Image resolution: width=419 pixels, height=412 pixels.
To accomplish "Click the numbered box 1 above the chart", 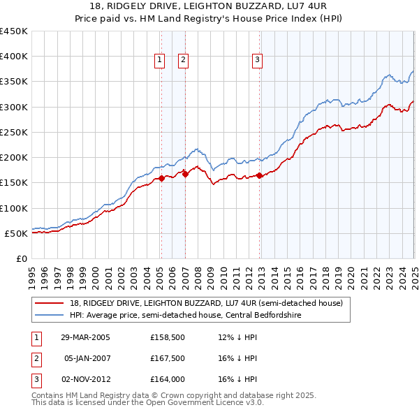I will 160,61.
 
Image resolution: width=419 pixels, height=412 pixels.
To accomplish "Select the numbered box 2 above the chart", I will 183,61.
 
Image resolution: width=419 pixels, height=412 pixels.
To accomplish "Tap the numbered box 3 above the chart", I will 257,61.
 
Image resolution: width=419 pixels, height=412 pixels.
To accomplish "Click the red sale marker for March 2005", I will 161,178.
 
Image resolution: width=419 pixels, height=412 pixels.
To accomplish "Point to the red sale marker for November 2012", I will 260,175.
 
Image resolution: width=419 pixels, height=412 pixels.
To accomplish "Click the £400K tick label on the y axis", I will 14,57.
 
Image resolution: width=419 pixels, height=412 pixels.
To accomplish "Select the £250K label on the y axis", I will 14,132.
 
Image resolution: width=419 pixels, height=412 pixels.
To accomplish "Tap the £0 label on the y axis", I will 21,258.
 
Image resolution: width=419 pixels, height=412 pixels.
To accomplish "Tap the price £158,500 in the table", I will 166,338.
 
